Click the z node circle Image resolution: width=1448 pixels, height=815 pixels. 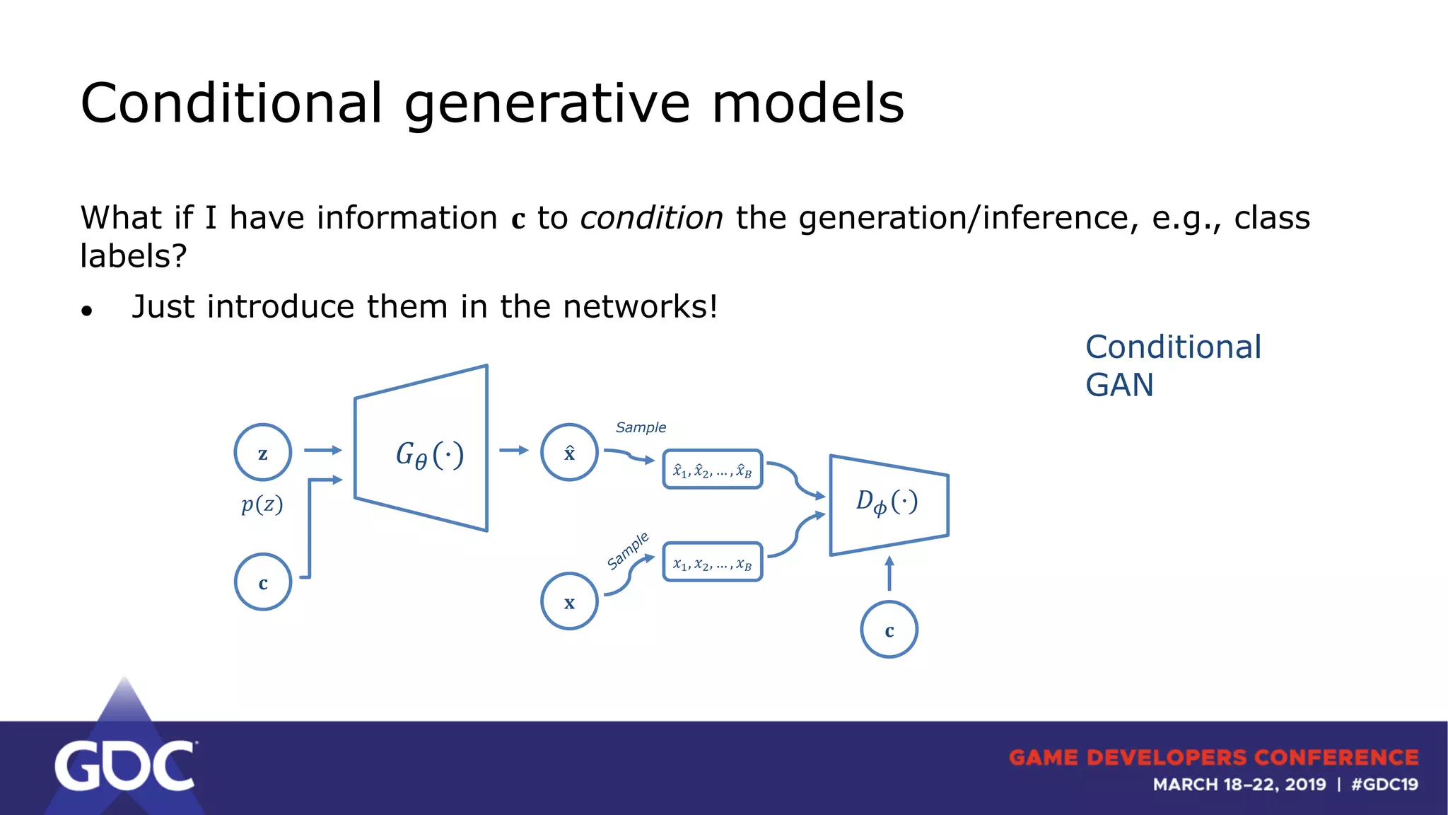263,453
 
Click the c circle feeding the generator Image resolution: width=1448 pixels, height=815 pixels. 263,582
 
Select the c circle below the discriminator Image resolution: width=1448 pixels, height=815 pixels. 889,630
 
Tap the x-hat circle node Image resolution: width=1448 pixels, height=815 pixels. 569,453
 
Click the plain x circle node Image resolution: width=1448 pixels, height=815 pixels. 569,601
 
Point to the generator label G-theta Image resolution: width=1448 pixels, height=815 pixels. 429,454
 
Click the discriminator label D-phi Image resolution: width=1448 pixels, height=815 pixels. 887,502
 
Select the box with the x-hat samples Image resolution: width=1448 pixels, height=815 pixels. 712,470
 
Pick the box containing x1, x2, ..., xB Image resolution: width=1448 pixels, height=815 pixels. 712,562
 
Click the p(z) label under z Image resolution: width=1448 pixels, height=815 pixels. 262,504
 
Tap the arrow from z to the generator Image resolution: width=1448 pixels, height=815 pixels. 323,450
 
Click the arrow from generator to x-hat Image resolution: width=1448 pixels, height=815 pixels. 514,450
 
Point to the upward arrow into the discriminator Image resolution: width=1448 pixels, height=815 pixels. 889,573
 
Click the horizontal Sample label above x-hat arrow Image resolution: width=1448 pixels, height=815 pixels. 641,427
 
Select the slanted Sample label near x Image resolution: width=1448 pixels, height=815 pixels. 628,551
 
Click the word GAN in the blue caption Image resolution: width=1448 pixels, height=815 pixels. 1119,386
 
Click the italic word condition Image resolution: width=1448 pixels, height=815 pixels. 651,218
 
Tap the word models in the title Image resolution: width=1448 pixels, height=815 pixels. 807,103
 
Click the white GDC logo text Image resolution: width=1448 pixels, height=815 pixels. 124,766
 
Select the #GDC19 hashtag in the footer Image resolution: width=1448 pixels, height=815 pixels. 1384,785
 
